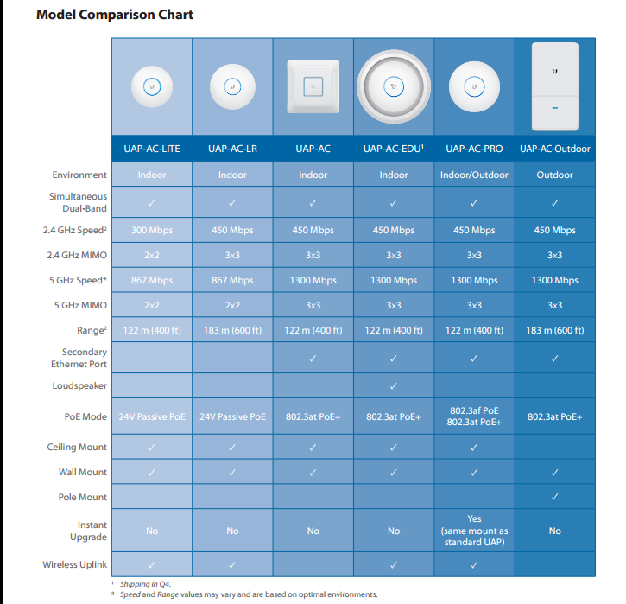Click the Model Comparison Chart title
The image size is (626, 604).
click(115, 15)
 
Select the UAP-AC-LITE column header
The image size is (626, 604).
click(152, 149)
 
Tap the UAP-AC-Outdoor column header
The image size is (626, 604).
click(554, 149)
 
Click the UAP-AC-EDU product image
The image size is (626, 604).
click(394, 86)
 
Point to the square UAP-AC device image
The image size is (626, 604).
click(313, 86)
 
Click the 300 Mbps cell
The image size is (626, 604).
click(152, 231)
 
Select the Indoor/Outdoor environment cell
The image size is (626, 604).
click(474, 175)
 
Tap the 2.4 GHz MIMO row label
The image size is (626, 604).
click(78, 256)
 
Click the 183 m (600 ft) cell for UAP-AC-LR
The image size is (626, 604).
click(232, 331)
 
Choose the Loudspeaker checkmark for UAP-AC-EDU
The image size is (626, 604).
click(394, 386)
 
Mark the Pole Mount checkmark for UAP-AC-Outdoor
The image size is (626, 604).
click(554, 497)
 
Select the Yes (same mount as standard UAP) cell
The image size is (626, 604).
click(474, 531)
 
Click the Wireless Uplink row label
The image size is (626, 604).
click(75, 564)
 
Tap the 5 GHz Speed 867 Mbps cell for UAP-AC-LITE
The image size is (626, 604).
click(152, 281)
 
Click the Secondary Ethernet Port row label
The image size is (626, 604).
click(85, 358)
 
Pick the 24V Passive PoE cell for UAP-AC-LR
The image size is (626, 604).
click(232, 416)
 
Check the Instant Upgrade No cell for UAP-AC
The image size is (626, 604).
click(313, 531)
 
